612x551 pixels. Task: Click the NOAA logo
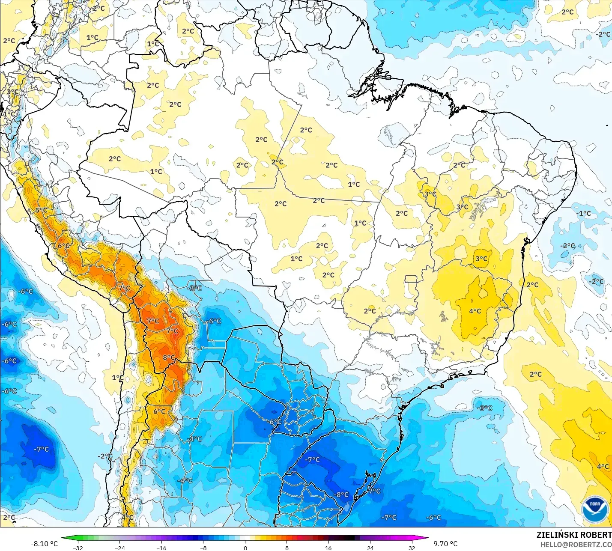(595, 510)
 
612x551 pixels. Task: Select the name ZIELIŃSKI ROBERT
(574, 535)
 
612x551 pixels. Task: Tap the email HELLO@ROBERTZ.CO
(576, 545)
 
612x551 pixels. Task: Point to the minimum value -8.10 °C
(44, 544)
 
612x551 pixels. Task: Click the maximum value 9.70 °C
(445, 544)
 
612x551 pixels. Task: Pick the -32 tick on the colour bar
(78, 548)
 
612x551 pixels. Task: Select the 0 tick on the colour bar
(245, 548)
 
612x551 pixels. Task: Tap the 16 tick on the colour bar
(328, 548)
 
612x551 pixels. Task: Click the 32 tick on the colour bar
(412, 548)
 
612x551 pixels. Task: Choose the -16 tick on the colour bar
(161, 548)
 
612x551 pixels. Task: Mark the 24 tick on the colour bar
(370, 548)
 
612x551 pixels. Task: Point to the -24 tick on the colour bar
(120, 548)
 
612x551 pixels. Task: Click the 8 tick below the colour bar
(287, 548)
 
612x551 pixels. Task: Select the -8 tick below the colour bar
(203, 548)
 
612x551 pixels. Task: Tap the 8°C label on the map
(169, 357)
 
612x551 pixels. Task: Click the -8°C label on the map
(341, 494)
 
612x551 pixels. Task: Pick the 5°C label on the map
(42, 210)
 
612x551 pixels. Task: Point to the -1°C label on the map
(583, 213)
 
